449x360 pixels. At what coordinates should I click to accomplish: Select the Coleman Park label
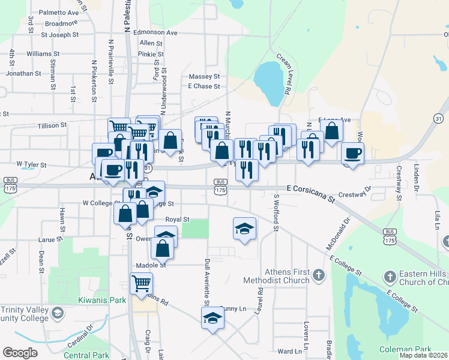(x=405, y=349)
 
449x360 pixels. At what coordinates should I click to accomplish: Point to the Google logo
(x=20, y=353)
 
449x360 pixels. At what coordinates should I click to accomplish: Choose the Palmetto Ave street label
(x=58, y=12)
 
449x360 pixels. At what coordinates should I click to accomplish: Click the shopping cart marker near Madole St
(x=142, y=282)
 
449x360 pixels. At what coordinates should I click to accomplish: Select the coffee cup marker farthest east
(x=353, y=153)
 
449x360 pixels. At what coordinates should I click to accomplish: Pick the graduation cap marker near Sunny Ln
(x=212, y=318)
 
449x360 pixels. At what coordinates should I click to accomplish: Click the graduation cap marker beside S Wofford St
(x=244, y=228)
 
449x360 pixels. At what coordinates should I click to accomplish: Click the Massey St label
(x=204, y=77)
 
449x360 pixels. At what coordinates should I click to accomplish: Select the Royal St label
(x=177, y=220)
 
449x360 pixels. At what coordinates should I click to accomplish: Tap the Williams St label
(x=43, y=53)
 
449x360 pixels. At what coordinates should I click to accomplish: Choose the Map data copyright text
(x=423, y=355)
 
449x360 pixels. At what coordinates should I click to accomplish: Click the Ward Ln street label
(x=289, y=351)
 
